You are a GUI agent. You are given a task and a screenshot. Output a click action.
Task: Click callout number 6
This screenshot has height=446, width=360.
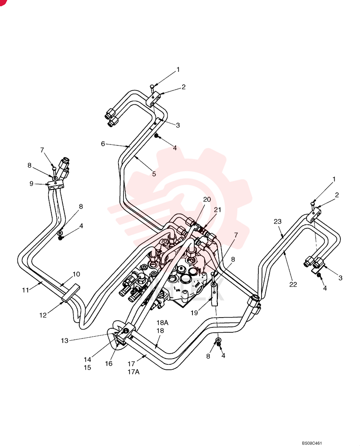click(x=103, y=144)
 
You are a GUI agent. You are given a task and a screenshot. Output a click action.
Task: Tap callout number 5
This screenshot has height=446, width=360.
click(x=154, y=174)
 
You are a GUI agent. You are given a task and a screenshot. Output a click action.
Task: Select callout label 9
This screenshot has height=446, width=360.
click(x=32, y=184)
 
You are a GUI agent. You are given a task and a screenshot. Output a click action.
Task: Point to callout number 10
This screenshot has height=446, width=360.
click(x=76, y=274)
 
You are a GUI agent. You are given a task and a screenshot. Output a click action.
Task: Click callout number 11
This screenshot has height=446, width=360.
click(x=25, y=290)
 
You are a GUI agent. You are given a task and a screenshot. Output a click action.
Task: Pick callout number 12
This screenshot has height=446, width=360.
click(x=43, y=315)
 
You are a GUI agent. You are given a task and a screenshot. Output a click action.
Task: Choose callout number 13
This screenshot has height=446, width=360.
click(x=65, y=340)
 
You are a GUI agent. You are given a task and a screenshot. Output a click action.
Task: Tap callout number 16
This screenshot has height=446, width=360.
click(x=109, y=363)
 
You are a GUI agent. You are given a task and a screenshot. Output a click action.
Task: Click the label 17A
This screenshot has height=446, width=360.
click(x=134, y=372)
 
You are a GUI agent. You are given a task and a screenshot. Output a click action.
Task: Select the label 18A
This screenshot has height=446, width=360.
click(x=163, y=322)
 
